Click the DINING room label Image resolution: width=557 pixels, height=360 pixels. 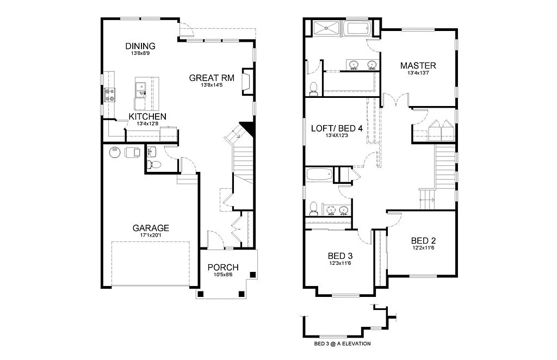[x=140, y=46]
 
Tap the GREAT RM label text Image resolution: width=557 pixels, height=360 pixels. [x=212, y=78]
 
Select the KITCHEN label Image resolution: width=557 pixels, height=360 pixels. [x=147, y=116]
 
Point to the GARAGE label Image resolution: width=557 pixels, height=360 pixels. [x=151, y=228]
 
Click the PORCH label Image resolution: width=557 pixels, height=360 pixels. [x=223, y=268]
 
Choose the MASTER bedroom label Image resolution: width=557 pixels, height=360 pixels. [x=418, y=66]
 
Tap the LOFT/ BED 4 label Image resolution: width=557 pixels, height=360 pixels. [x=336, y=128]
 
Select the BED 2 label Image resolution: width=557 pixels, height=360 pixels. [x=423, y=241]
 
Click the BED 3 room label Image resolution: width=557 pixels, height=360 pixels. [x=341, y=256]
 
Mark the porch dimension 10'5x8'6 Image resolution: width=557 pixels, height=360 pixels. [x=223, y=275]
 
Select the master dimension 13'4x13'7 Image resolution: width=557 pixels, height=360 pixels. [x=418, y=73]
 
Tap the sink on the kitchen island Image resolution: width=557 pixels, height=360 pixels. [x=140, y=88]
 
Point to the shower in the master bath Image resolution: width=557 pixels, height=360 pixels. [x=325, y=28]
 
